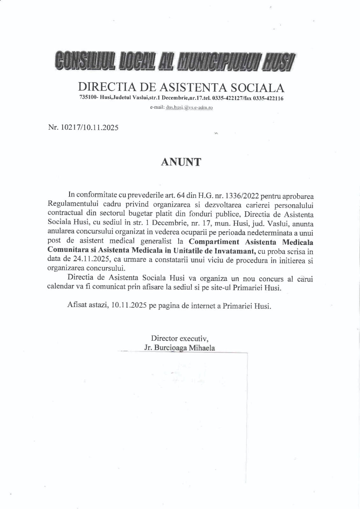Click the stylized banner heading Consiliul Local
(x=174, y=61)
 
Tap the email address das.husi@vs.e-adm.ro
(x=189, y=108)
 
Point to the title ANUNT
(x=181, y=162)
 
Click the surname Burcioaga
(x=171, y=347)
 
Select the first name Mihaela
(x=202, y=347)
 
